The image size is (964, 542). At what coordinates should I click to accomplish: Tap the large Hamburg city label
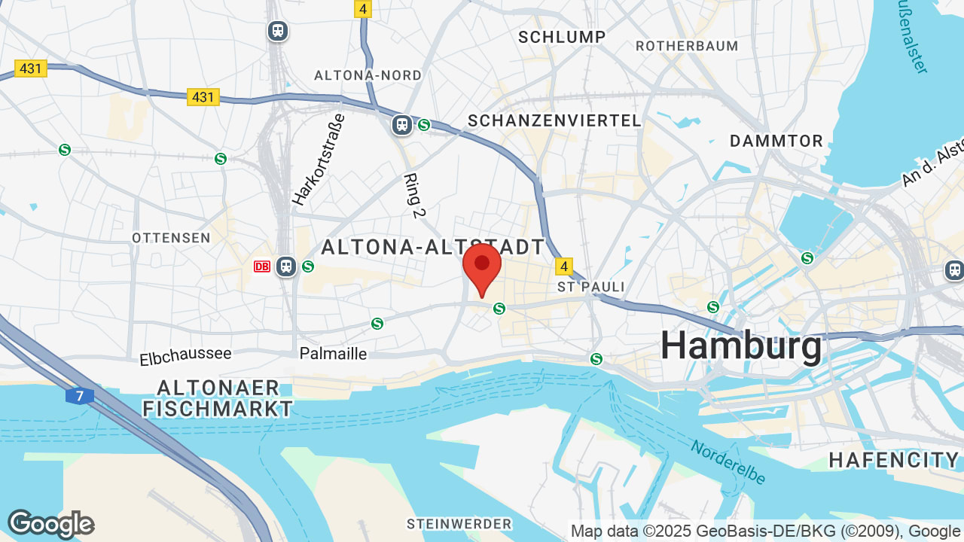click(x=742, y=346)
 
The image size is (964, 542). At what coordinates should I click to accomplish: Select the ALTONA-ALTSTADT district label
click(x=433, y=247)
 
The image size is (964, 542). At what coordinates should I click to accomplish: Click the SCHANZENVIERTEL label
click(x=554, y=120)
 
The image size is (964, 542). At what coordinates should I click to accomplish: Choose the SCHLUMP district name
click(x=562, y=37)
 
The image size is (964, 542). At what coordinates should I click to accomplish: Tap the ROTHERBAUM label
click(x=687, y=46)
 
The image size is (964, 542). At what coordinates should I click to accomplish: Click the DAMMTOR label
click(x=776, y=141)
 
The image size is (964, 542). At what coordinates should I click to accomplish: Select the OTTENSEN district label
click(x=171, y=238)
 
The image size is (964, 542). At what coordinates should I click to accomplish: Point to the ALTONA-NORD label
click(x=368, y=75)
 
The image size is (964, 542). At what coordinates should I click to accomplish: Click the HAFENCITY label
click(x=894, y=460)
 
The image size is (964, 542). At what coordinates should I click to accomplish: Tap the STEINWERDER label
click(x=459, y=523)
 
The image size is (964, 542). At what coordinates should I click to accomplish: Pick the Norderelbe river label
click(x=728, y=461)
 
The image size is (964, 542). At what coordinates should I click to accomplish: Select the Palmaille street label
click(x=333, y=353)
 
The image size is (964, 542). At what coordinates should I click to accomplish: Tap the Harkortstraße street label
click(x=319, y=160)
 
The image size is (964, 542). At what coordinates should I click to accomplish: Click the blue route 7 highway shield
click(x=79, y=395)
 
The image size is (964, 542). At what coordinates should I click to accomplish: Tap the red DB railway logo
click(x=262, y=266)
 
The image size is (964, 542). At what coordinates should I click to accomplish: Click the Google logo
click(x=50, y=524)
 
